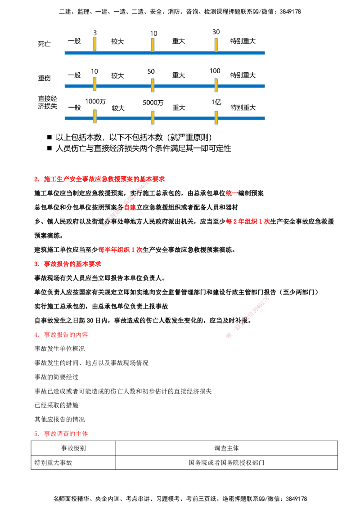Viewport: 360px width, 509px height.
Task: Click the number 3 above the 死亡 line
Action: (95, 33)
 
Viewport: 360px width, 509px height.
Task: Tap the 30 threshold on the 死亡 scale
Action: (216, 32)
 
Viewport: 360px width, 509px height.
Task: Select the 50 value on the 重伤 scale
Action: (151, 71)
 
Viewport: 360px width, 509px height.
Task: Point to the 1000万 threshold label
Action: (95, 102)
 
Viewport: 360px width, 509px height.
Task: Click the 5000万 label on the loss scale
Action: (153, 103)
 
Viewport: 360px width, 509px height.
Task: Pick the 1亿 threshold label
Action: (216, 102)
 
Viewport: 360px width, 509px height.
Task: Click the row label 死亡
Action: (45, 44)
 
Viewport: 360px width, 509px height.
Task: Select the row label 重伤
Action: (45, 78)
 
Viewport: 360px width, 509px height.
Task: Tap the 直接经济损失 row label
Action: (47, 102)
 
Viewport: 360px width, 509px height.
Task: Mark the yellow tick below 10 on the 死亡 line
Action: (153, 45)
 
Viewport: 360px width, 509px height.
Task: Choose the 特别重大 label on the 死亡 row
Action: (243, 41)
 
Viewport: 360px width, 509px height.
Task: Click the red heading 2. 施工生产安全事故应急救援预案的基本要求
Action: (99, 179)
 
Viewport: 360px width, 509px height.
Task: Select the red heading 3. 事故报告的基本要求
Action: (67, 264)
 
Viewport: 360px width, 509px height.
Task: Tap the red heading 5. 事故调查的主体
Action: (61, 434)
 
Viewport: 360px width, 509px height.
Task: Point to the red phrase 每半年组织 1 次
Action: (120, 250)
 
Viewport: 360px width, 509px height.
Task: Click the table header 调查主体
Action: (226, 448)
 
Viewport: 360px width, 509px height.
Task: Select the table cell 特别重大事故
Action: (53, 463)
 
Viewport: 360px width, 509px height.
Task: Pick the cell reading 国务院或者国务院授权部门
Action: (226, 463)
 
